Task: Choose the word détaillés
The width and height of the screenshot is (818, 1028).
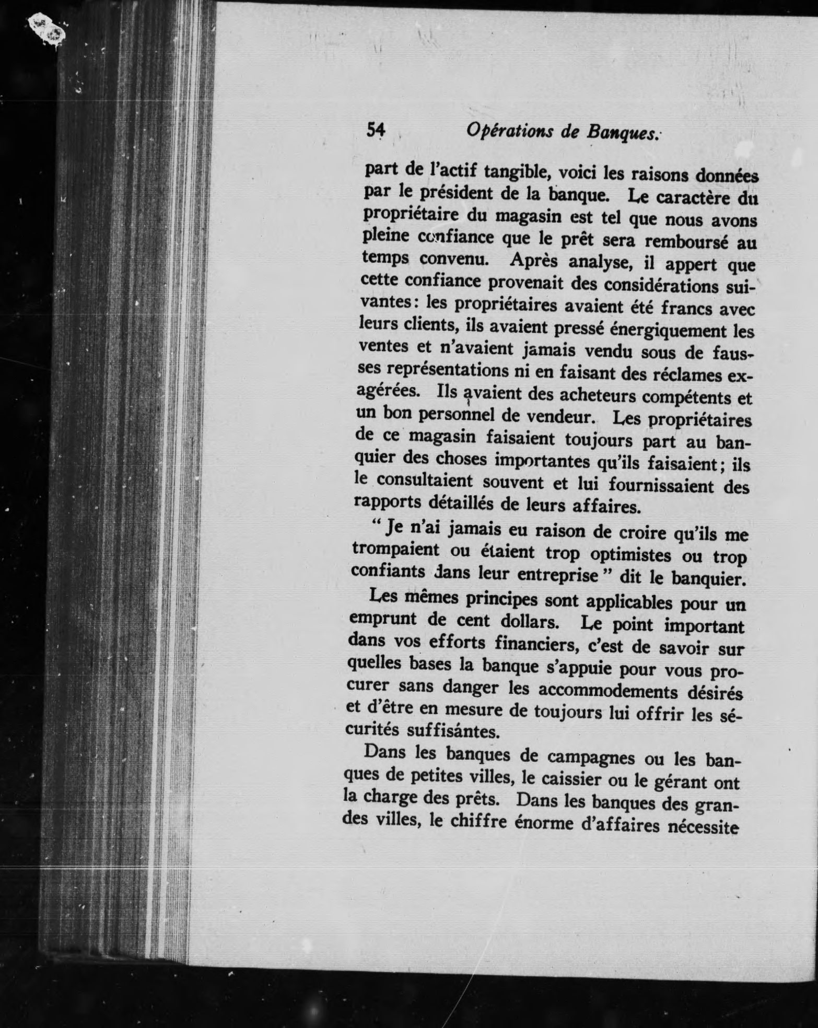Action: (x=454, y=503)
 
